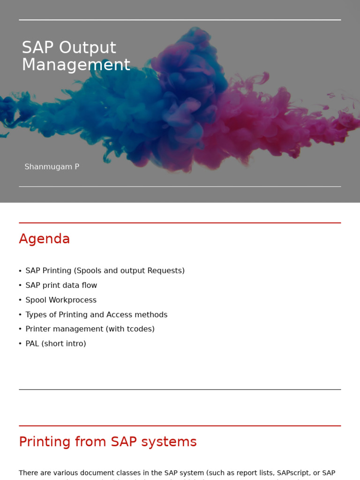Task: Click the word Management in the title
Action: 76,65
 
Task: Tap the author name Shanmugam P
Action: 52,167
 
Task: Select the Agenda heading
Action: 44,239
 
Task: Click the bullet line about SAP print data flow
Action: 61,285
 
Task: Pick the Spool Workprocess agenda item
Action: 61,300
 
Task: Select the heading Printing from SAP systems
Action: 107,442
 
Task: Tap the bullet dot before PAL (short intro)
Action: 20,344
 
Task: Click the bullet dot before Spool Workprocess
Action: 20,300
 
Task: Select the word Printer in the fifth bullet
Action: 39,329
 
